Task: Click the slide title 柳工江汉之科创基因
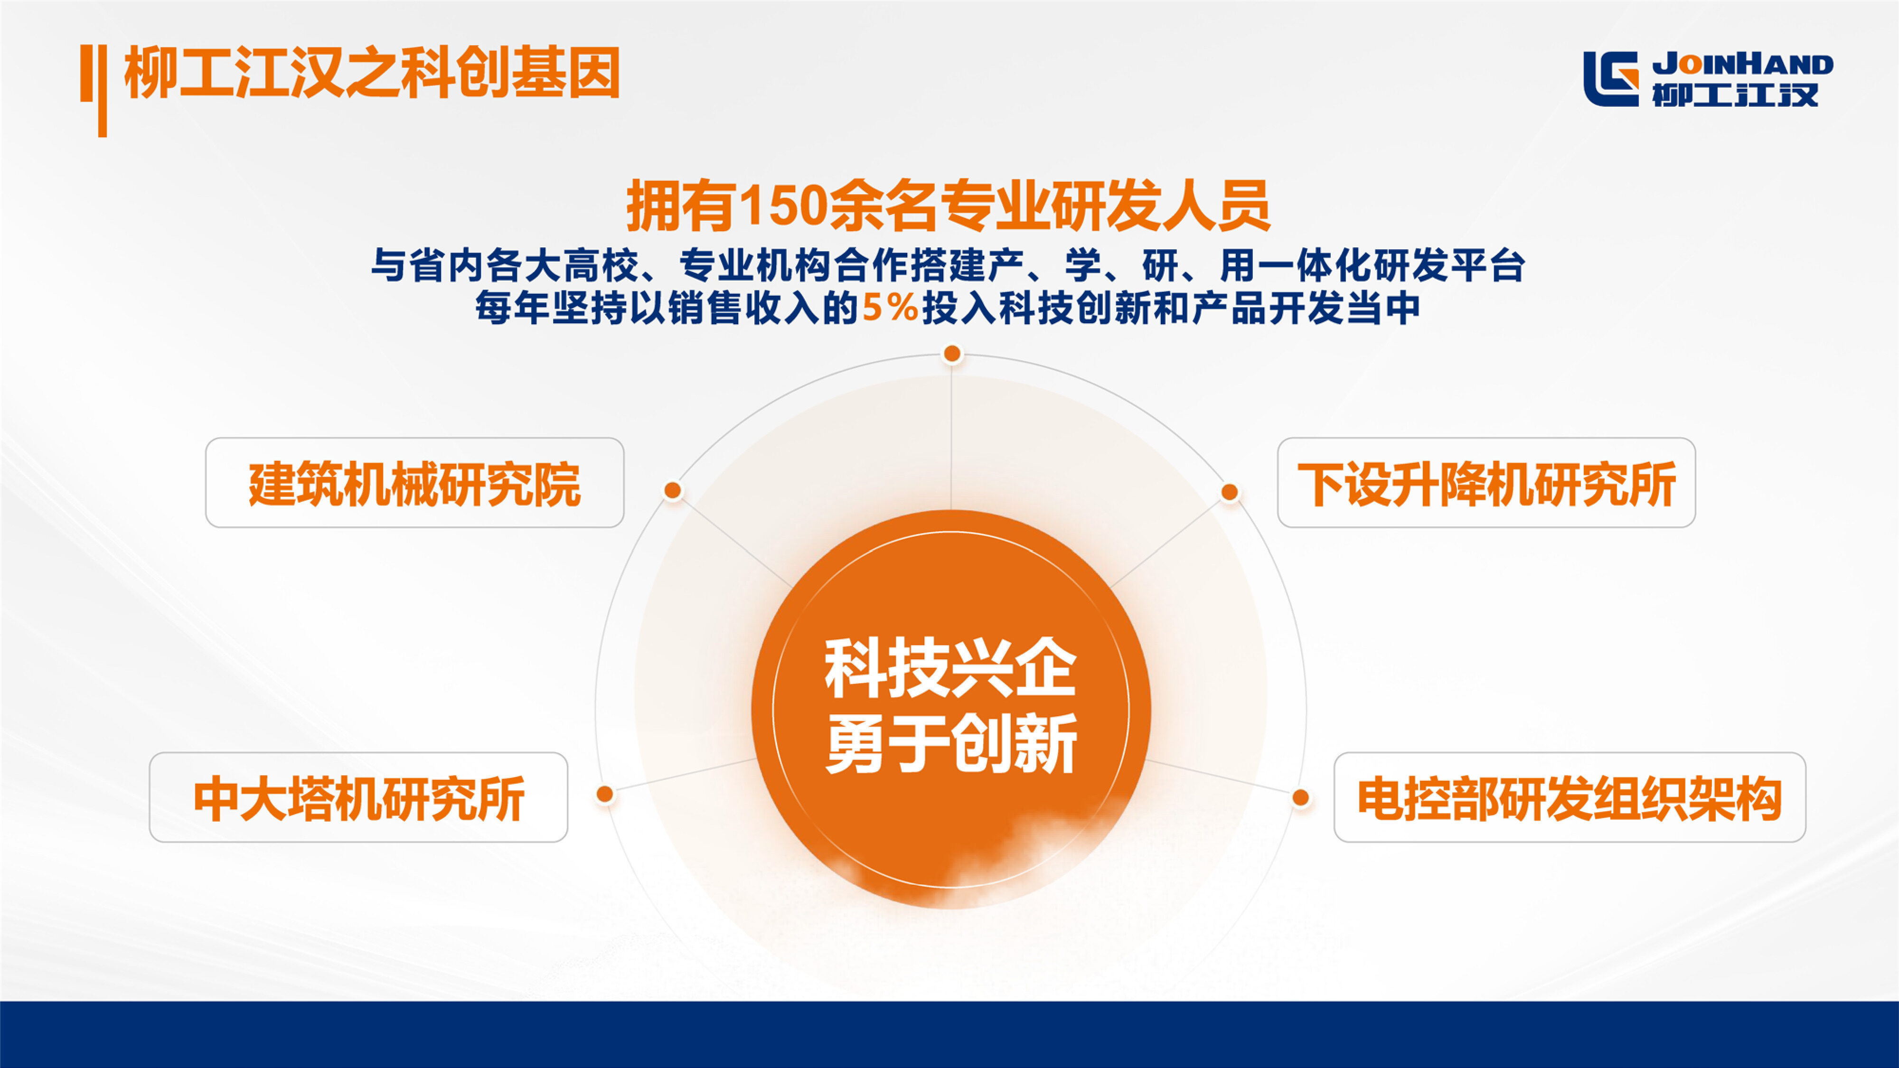(372, 72)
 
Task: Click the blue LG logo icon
(1611, 79)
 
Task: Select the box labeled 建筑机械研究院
(414, 483)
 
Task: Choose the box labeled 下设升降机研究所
(1486, 483)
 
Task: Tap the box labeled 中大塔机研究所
(358, 797)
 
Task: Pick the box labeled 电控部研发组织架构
(1570, 797)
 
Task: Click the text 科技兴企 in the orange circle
(950, 668)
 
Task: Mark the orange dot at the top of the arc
(952, 354)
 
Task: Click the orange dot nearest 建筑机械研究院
(672, 490)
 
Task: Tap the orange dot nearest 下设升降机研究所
(1230, 492)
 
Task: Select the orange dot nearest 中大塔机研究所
(604, 794)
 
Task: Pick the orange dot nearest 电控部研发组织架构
(1300, 797)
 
